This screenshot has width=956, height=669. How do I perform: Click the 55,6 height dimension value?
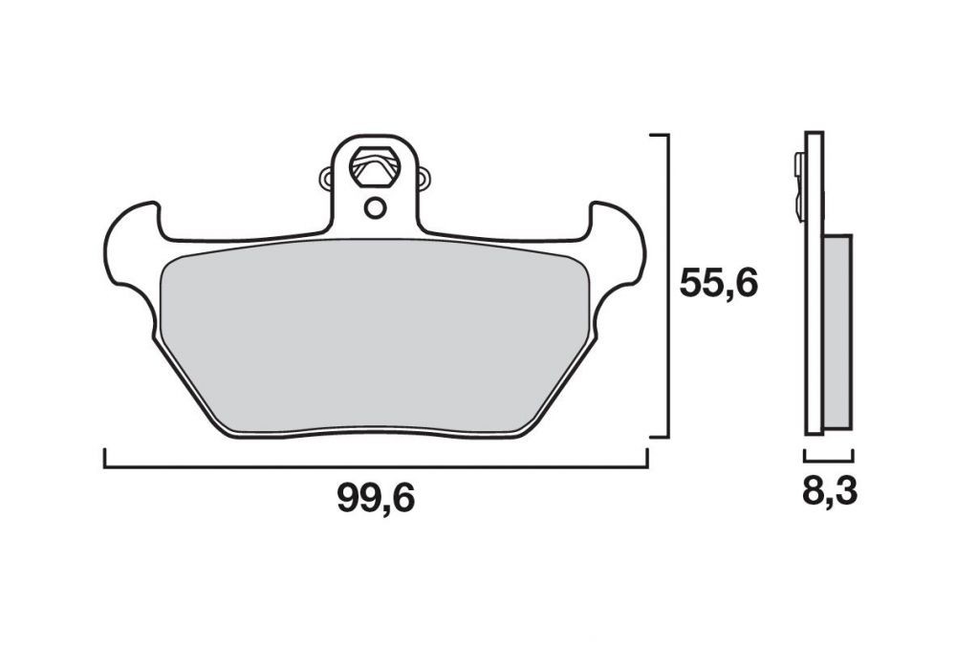point(718,284)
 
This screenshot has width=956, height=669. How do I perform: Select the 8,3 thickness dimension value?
point(829,492)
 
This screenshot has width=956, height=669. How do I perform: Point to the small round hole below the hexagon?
point(375,206)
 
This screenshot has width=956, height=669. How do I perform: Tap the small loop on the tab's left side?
point(326,178)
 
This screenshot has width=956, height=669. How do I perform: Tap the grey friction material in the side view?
point(836,330)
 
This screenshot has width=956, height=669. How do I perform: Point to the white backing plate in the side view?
point(813,287)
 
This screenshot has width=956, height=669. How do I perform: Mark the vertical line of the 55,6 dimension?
point(666,287)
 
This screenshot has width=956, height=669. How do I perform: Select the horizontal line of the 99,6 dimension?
point(376,467)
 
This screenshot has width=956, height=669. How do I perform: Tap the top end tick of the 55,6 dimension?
point(658,136)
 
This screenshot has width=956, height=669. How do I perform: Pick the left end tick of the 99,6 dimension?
point(104,459)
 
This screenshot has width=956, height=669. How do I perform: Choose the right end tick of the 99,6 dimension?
point(647,459)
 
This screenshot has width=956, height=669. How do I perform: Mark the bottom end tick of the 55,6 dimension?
point(658,438)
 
